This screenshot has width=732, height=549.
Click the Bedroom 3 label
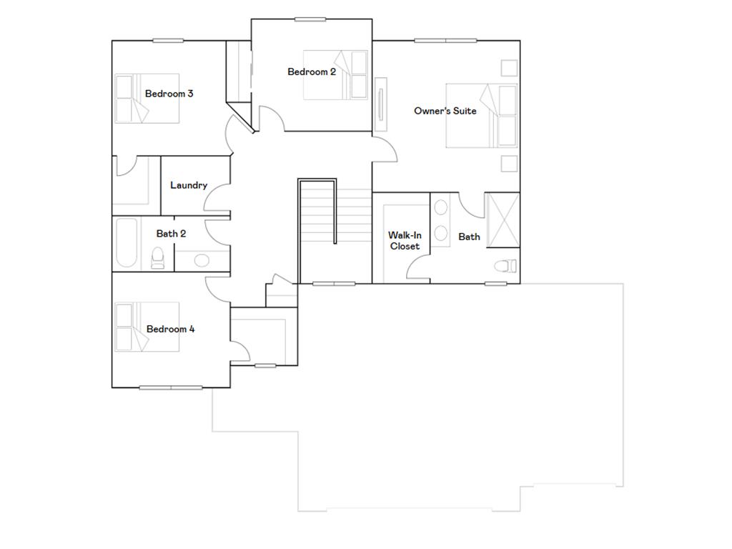(169, 94)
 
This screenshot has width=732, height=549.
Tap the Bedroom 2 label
(312, 71)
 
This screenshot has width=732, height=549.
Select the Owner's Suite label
(445, 111)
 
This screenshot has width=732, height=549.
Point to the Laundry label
(189, 185)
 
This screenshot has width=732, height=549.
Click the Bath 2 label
(172, 234)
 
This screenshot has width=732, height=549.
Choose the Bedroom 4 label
(170, 330)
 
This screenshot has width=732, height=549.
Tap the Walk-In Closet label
(405, 241)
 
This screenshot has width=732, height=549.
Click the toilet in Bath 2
(158, 257)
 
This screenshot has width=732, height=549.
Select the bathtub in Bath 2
(127, 243)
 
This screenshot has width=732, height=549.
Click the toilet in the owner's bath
(505, 267)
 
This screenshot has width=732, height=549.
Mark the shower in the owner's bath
(503, 220)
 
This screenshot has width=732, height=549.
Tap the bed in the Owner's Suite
(480, 116)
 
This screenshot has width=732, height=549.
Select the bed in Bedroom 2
(335, 74)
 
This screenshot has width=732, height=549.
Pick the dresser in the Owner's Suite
(382, 103)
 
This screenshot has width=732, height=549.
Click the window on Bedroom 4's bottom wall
(171, 387)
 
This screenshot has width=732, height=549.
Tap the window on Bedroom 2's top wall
(310, 19)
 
